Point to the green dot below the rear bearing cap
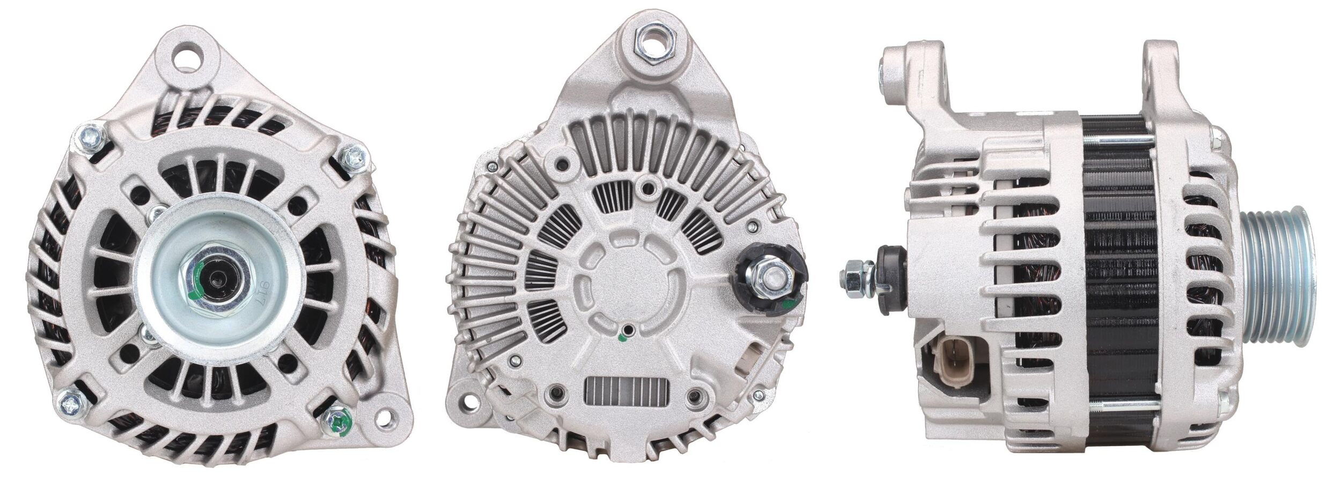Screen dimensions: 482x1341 (x=622, y=338)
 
